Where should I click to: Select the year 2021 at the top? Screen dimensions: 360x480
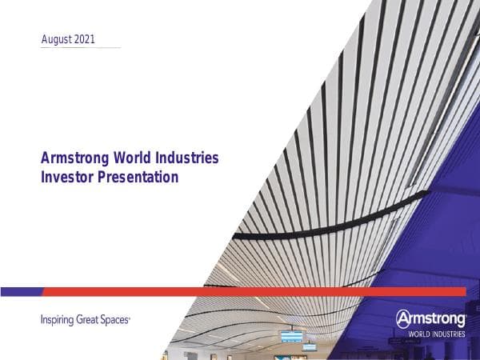click(x=89, y=39)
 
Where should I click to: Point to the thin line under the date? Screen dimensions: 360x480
click(x=80, y=48)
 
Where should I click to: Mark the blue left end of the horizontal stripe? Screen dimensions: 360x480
click(x=20, y=291)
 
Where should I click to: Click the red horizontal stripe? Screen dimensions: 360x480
click(x=240, y=291)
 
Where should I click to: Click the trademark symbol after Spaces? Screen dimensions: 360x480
click(x=130, y=318)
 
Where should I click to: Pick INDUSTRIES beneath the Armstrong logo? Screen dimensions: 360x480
click(x=450, y=334)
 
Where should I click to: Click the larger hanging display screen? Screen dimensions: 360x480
click(x=291, y=336)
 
